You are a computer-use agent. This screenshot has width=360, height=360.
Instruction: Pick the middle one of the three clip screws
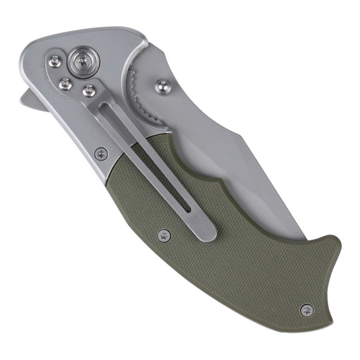66,84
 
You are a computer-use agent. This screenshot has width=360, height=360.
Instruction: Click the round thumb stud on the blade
162,86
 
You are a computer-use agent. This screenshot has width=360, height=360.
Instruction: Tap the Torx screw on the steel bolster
101,153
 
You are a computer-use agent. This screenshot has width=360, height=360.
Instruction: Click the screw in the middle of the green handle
164,234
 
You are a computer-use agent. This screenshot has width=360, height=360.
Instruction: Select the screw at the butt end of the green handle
307,310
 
